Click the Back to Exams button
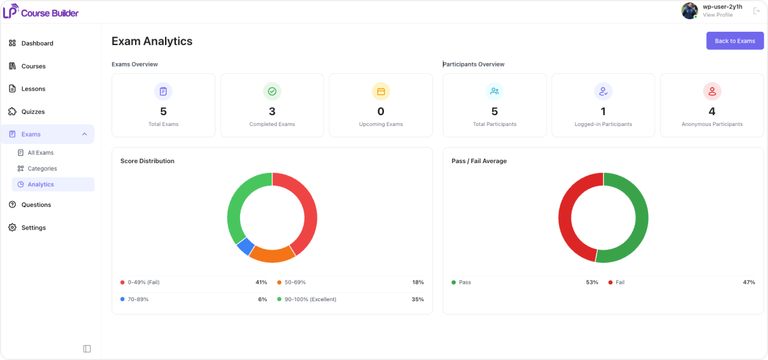735,41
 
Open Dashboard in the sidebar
37,43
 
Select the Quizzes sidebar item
33,112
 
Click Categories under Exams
42,169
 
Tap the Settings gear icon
13,227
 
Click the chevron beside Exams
85,134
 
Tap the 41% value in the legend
261,282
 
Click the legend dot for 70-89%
122,299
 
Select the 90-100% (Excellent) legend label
310,299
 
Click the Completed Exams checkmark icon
272,91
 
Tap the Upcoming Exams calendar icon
380,91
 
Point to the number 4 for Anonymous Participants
712,112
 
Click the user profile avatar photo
689,11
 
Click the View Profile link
718,15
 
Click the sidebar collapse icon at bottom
87,349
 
